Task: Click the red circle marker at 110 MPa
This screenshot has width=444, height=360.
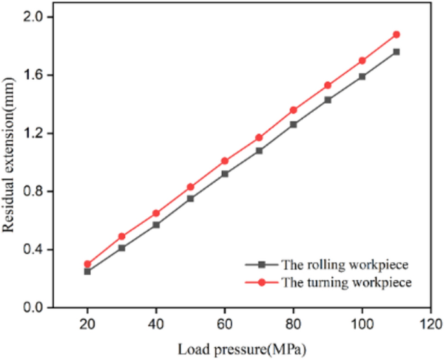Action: pos(396,34)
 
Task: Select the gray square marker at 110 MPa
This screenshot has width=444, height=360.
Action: pos(396,52)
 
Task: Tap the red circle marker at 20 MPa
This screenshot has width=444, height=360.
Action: pos(87,264)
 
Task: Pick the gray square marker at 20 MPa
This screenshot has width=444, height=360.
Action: pos(87,271)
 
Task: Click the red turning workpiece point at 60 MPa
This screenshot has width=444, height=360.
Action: pos(224,161)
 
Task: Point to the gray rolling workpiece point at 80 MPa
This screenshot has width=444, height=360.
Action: pos(293,124)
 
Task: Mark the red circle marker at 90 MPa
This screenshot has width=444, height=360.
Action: pos(327,85)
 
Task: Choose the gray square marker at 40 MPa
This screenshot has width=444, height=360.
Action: pos(156,225)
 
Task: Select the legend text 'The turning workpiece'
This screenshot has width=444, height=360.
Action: pos(339,282)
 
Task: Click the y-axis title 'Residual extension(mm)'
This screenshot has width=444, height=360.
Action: pos(11,162)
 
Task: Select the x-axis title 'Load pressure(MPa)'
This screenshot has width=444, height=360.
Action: pos(241,349)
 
